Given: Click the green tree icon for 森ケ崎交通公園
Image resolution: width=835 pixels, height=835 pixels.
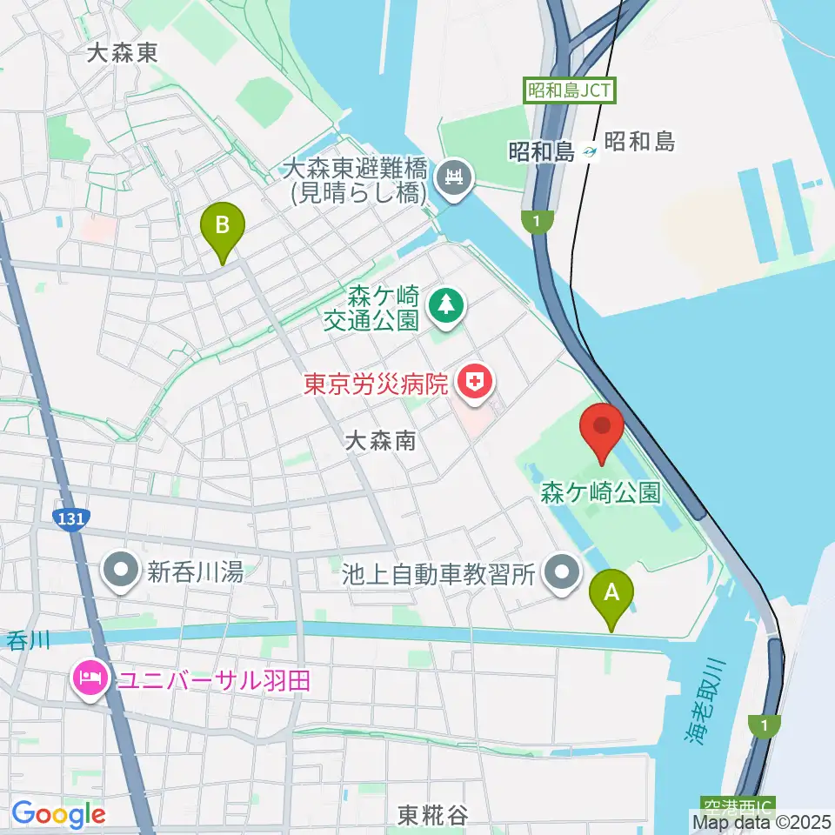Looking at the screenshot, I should tap(447, 304).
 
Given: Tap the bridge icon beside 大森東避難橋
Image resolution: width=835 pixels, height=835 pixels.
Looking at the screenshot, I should tap(454, 178).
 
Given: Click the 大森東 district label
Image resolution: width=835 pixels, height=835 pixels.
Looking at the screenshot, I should tap(123, 52).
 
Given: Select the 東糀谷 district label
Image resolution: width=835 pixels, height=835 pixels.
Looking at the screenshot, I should tap(432, 815).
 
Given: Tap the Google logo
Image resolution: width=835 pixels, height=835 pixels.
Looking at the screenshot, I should tap(58, 814).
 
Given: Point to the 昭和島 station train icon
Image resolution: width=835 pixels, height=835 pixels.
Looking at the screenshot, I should tap(591, 151).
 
